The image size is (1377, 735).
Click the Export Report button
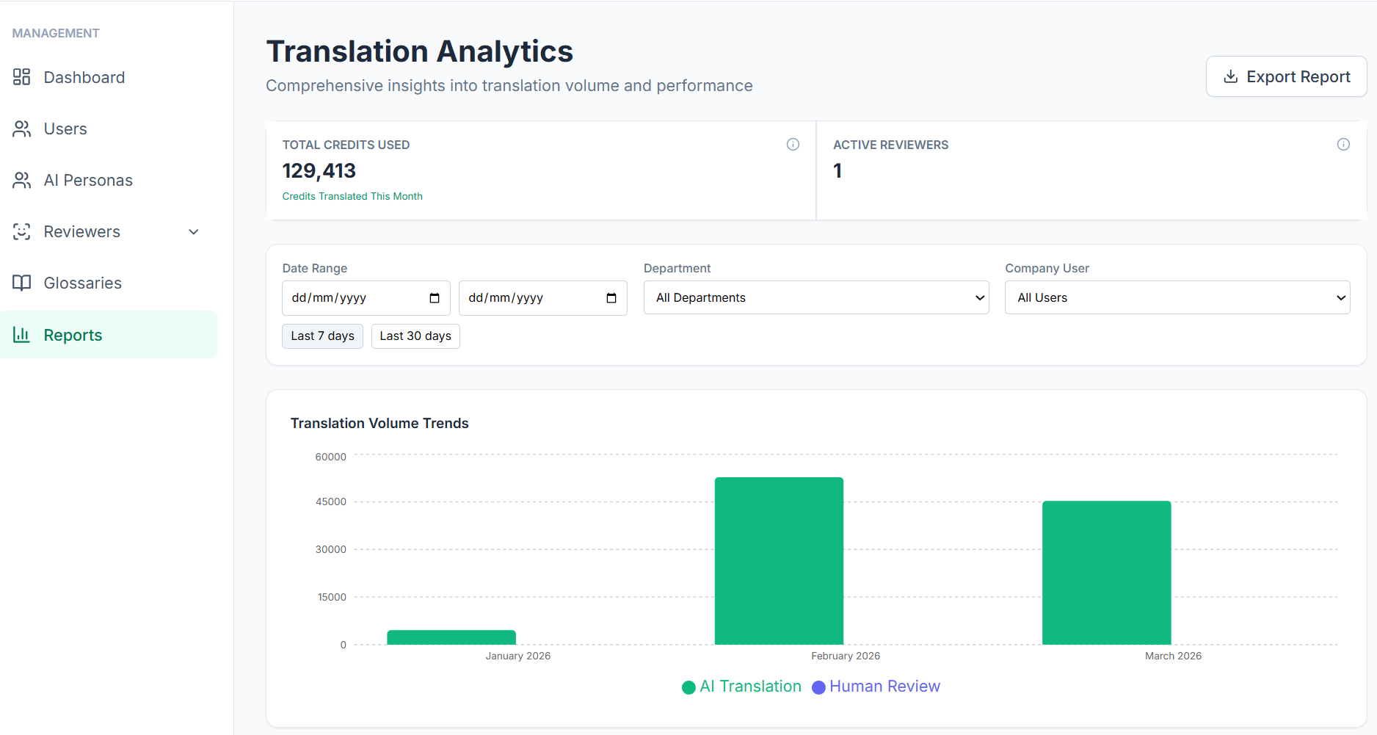click(x=1286, y=76)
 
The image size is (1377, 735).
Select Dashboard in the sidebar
click(x=84, y=77)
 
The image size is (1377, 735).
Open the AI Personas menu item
click(x=87, y=180)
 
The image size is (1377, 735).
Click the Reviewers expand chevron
click(x=194, y=232)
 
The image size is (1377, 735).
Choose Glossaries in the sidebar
click(x=82, y=283)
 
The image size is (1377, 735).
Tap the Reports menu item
click(x=73, y=335)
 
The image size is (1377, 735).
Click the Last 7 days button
click(x=322, y=336)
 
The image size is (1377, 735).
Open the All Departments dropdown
click(x=815, y=297)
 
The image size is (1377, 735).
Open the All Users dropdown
click(x=1177, y=297)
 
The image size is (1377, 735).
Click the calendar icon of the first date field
click(x=435, y=298)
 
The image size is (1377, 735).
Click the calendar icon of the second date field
click(x=611, y=298)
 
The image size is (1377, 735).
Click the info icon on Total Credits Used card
click(x=793, y=144)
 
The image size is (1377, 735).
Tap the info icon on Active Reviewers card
click(x=1343, y=144)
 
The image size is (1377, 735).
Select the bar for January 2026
click(x=451, y=637)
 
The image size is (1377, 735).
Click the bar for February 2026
click(x=779, y=561)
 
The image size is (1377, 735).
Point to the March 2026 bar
click(x=1106, y=573)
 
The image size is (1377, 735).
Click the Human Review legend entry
click(x=876, y=687)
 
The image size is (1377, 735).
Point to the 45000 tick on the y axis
click(x=330, y=502)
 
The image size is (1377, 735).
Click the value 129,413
click(x=319, y=170)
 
